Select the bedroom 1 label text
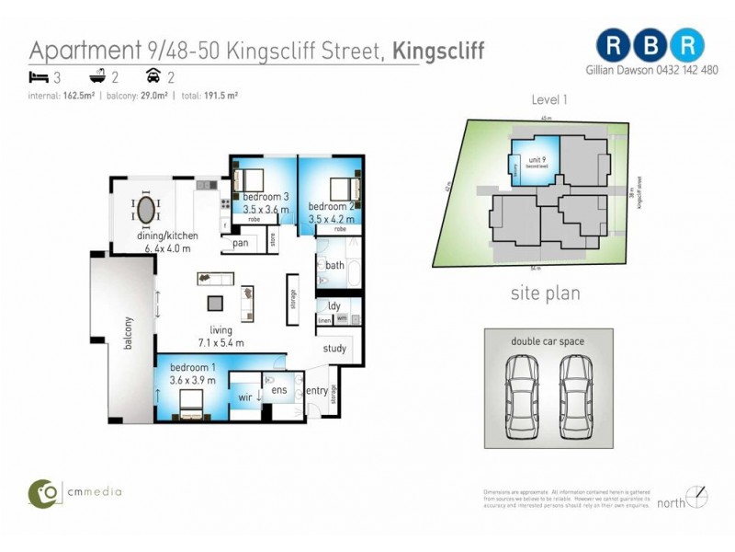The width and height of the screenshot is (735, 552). tap(193, 367)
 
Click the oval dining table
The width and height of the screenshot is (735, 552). tap(146, 211)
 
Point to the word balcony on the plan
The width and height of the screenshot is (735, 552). tap(130, 333)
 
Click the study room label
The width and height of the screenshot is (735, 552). tap(334, 349)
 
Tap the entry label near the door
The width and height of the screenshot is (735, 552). tap(316, 391)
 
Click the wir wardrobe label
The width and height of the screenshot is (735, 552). tap(245, 397)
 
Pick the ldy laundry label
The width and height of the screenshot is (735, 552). tap(334, 305)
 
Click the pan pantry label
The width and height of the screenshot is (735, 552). tap(241, 243)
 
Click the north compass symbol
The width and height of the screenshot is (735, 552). tap(699, 498)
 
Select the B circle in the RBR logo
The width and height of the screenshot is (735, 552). tap(650, 43)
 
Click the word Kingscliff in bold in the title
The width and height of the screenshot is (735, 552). tap(439, 50)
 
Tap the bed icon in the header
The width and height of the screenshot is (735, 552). tap(38, 77)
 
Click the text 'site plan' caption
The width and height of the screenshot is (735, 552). tap(546, 294)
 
